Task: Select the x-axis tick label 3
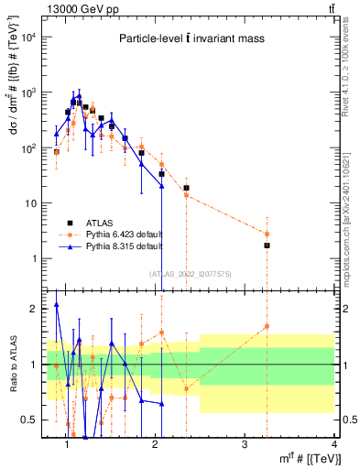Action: tap(245, 444)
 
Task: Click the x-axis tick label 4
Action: tap(333, 444)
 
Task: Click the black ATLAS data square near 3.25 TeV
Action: tap(267, 245)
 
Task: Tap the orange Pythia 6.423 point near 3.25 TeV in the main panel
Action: tap(267, 234)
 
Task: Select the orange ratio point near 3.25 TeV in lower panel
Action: tap(267, 326)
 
